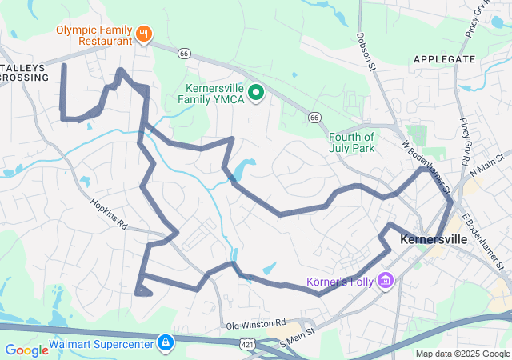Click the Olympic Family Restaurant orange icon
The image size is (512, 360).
pos(144,34)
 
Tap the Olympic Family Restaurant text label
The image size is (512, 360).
pos(94,34)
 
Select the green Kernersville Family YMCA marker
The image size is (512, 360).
pos(257,94)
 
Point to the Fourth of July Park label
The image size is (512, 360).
pos(351,142)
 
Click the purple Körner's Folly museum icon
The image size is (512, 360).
pos(386,280)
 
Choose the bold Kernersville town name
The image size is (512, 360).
pos(433,239)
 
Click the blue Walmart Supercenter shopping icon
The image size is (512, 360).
pos(165,343)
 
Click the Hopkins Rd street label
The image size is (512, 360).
pos(109,214)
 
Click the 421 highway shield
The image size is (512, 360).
pos(247,342)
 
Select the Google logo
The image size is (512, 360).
pos(26,350)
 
